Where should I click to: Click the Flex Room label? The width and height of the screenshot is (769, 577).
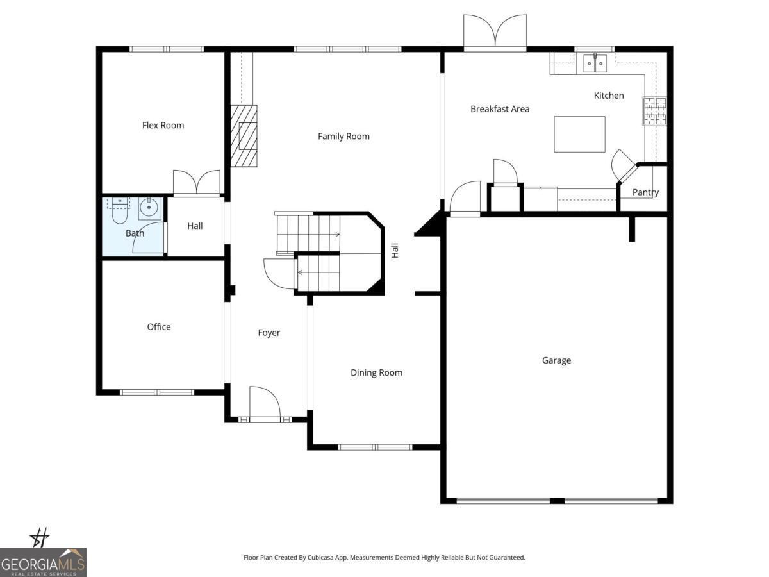click(x=163, y=126)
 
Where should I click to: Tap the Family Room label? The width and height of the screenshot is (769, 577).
click(x=343, y=137)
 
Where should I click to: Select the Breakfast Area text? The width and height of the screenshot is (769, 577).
click(x=500, y=109)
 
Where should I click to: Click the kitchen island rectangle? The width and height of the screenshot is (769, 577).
click(x=579, y=134)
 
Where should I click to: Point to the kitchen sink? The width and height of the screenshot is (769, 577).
click(x=595, y=63)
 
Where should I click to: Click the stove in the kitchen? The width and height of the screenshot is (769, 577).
click(x=655, y=111)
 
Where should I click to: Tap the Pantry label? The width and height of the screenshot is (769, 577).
click(x=645, y=192)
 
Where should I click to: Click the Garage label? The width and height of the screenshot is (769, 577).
click(x=556, y=361)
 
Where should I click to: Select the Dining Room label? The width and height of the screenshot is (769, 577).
click(x=376, y=373)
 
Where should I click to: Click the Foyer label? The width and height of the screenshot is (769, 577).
click(x=269, y=333)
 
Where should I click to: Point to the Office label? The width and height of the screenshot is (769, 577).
click(x=159, y=327)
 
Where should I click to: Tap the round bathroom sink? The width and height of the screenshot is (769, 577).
click(x=150, y=208)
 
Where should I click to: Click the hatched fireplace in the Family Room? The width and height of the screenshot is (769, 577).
click(x=244, y=136)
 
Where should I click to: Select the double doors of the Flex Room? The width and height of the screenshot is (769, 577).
click(x=197, y=183)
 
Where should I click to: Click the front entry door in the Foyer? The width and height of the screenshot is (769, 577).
click(x=265, y=404)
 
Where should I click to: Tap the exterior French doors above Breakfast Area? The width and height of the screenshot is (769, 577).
click(x=495, y=32)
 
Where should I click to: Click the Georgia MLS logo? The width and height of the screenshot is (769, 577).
click(x=43, y=562)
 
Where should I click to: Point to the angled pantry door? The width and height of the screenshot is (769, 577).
click(x=623, y=165)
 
